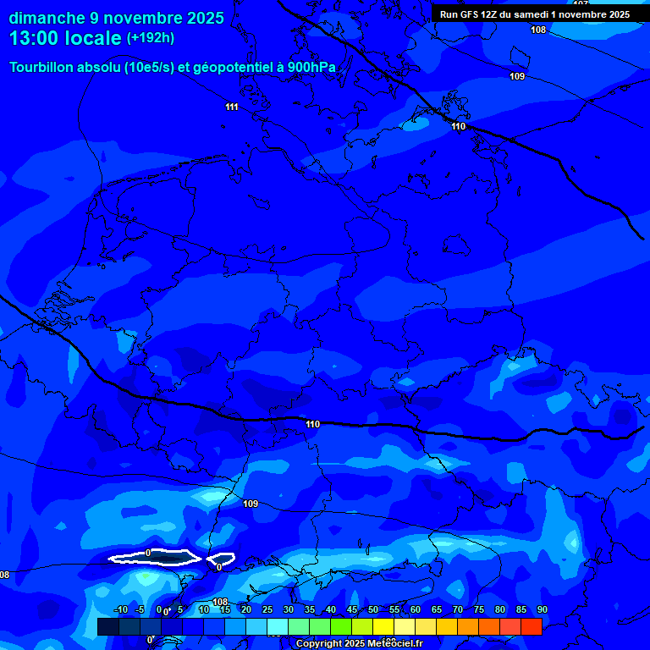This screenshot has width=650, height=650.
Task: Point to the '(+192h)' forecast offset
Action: [x=151, y=38]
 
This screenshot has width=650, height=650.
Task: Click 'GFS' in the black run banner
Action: [x=474, y=14]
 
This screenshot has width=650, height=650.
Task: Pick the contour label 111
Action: [x=232, y=107]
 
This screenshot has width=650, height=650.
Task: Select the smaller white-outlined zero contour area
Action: [x=221, y=559]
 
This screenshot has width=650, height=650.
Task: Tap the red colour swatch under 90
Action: [x=532, y=626]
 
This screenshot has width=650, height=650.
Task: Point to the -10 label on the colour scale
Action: [x=120, y=609]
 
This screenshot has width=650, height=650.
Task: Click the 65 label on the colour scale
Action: [x=437, y=609]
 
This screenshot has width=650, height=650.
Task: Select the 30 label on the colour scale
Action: [x=289, y=609]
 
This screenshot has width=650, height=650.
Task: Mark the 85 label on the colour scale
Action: [x=521, y=609]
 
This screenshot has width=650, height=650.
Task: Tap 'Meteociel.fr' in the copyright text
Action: [x=394, y=644]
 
